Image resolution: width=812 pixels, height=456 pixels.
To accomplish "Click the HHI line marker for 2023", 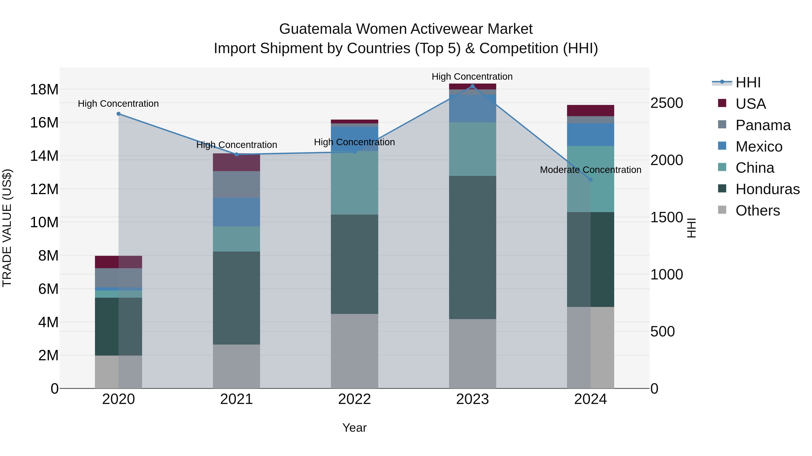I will (472, 86).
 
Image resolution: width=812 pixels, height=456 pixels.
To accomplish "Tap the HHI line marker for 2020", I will (118, 114).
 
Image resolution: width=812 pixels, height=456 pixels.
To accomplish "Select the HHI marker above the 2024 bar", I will (591, 180).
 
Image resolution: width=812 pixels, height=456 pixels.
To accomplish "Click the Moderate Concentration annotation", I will (591, 170).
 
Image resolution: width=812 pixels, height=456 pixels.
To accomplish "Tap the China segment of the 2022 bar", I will (354, 183).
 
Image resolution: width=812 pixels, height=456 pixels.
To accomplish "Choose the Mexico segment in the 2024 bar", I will (591, 134).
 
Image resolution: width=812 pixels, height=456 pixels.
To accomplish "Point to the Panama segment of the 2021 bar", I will (236, 184).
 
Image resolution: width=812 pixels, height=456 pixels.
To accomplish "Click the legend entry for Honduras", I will (767, 189).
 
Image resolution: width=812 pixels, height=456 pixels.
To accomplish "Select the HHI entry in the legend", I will (748, 82).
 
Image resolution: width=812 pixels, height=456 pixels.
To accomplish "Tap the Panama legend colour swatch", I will (722, 124).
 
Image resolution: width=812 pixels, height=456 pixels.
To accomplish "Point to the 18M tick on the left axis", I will (44, 90).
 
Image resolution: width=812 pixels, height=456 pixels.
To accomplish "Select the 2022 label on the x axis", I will (354, 399).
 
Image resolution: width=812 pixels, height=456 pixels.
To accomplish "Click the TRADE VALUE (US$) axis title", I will (7, 228).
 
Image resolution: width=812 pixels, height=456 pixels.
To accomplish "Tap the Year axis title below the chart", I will (354, 428).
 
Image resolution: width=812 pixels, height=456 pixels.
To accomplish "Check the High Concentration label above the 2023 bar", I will (472, 77).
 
